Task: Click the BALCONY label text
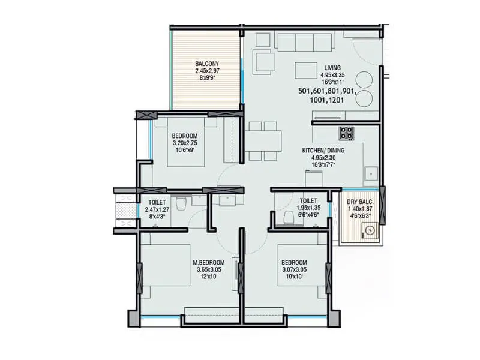[x=207, y=64]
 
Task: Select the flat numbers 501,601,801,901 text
[x=327, y=91]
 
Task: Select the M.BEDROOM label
[x=208, y=263]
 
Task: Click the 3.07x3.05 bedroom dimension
[x=294, y=270]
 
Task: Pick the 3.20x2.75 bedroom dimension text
[x=185, y=143]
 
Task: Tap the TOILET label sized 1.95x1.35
[x=309, y=200]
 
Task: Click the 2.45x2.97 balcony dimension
[x=207, y=71]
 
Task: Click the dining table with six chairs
[x=263, y=141]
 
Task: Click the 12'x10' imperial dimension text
[x=208, y=277]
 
